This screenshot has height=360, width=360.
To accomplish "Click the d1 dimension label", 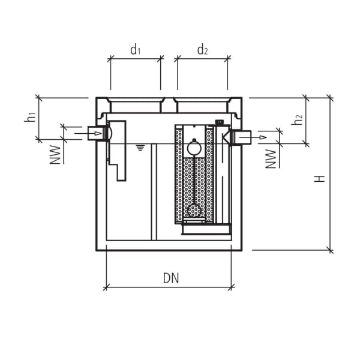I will (136, 50).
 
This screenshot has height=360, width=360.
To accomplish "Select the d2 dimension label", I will (202, 50).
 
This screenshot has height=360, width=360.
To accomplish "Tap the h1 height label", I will (30, 118).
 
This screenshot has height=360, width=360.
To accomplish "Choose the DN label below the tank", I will (171, 278).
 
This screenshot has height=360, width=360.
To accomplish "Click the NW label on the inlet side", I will (56, 154).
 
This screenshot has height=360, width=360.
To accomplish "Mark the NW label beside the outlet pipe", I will (271, 158).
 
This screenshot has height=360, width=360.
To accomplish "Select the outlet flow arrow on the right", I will (262, 137).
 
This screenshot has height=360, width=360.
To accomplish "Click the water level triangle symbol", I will (140, 147).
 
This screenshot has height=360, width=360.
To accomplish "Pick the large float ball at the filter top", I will (194, 146).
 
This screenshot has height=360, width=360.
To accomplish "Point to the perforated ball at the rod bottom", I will (194, 211).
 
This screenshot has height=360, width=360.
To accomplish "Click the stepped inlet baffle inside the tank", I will (118, 150).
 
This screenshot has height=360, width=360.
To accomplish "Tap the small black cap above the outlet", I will (220, 122).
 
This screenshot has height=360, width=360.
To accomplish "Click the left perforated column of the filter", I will (179, 174).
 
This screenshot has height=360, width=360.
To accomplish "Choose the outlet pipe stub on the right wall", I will (242, 137).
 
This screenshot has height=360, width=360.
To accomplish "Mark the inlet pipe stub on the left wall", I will (95, 133).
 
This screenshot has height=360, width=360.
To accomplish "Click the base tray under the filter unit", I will (206, 227).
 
